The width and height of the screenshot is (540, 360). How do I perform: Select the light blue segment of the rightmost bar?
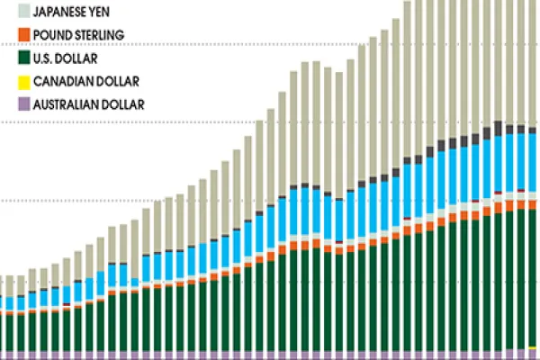pyautogui.click(x=533, y=162)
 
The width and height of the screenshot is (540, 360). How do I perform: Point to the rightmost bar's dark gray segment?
pyautogui.click(x=533, y=130)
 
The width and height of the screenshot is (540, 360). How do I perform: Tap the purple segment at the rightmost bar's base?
pyautogui.click(x=533, y=355)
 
